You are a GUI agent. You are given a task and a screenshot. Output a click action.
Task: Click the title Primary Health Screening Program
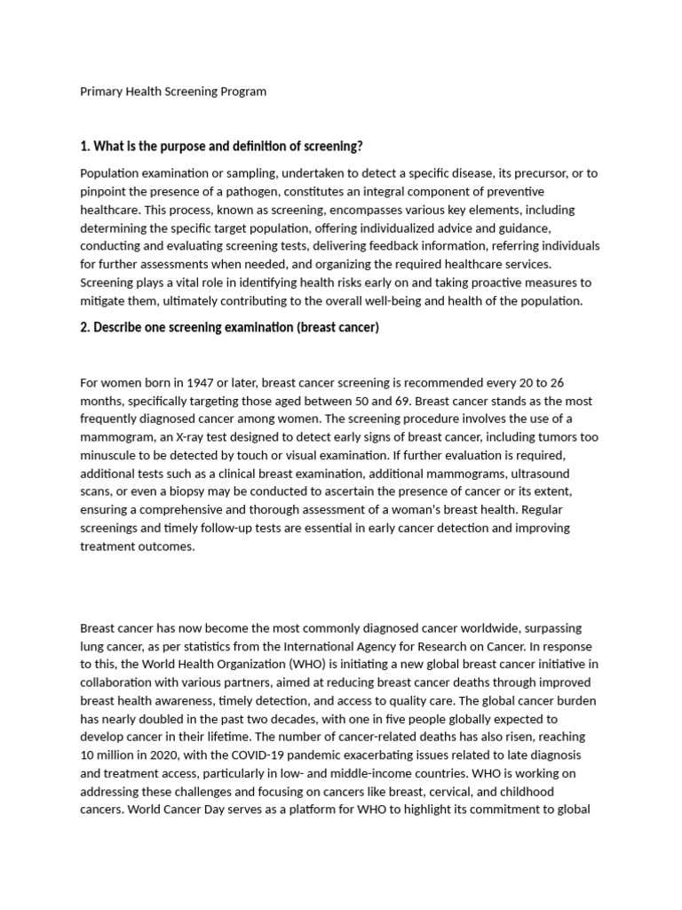[x=173, y=92]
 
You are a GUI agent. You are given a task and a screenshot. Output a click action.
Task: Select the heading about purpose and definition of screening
[x=221, y=146]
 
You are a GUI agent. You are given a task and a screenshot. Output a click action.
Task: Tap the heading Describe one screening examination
[x=229, y=328]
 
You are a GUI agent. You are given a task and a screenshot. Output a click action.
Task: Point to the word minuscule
[x=109, y=455]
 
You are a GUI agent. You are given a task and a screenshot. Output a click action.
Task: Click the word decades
[x=282, y=719]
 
